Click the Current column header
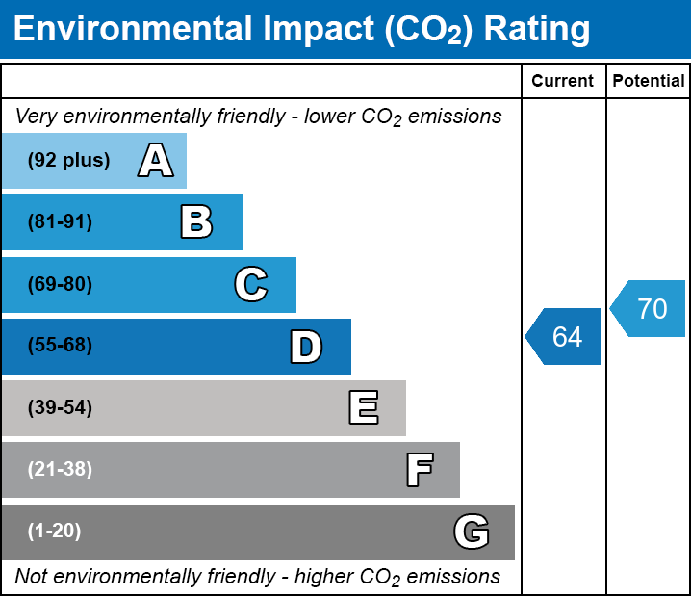coord(563,82)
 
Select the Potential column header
coord(649,82)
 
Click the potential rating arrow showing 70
coord(650,309)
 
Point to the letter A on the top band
coord(155,161)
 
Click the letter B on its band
coord(196,222)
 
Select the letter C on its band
coord(250,284)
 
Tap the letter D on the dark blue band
coord(305,347)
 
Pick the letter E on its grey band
coord(363,408)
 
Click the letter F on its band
coord(419,470)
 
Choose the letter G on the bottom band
coord(472,531)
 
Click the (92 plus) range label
coord(68,161)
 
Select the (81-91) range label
coord(60,222)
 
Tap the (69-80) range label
coord(60,284)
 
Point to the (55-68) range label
coord(60,346)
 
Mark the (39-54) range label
coord(60,407)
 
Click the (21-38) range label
coord(60,469)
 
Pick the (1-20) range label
coord(54,531)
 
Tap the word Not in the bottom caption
coord(31,577)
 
